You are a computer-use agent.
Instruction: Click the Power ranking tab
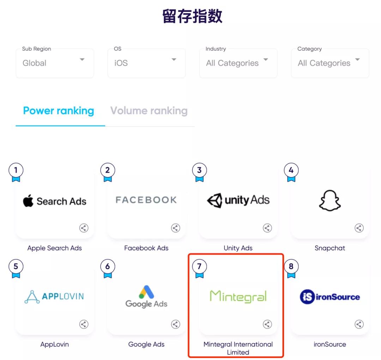click(59, 111)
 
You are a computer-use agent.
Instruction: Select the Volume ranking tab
click(149, 111)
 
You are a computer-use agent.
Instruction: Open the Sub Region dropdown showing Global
click(55, 63)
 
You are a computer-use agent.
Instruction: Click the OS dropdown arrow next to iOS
click(174, 60)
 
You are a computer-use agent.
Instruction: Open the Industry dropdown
click(238, 63)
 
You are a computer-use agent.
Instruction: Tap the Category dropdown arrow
click(357, 60)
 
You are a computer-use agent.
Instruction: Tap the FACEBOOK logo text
click(146, 200)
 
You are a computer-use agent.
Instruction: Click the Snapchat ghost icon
click(330, 201)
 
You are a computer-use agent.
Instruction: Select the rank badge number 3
click(199, 170)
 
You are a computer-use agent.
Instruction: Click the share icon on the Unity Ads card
click(267, 228)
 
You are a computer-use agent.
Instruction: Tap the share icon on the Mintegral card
click(267, 324)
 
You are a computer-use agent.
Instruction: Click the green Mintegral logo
click(238, 296)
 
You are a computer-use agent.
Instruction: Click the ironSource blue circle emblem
click(307, 297)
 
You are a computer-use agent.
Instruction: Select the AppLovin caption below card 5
click(55, 344)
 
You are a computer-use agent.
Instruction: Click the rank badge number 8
click(291, 266)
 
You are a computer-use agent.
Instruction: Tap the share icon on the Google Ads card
click(176, 324)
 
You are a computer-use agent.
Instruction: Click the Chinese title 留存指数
click(192, 17)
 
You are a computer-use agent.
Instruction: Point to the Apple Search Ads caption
click(55, 248)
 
